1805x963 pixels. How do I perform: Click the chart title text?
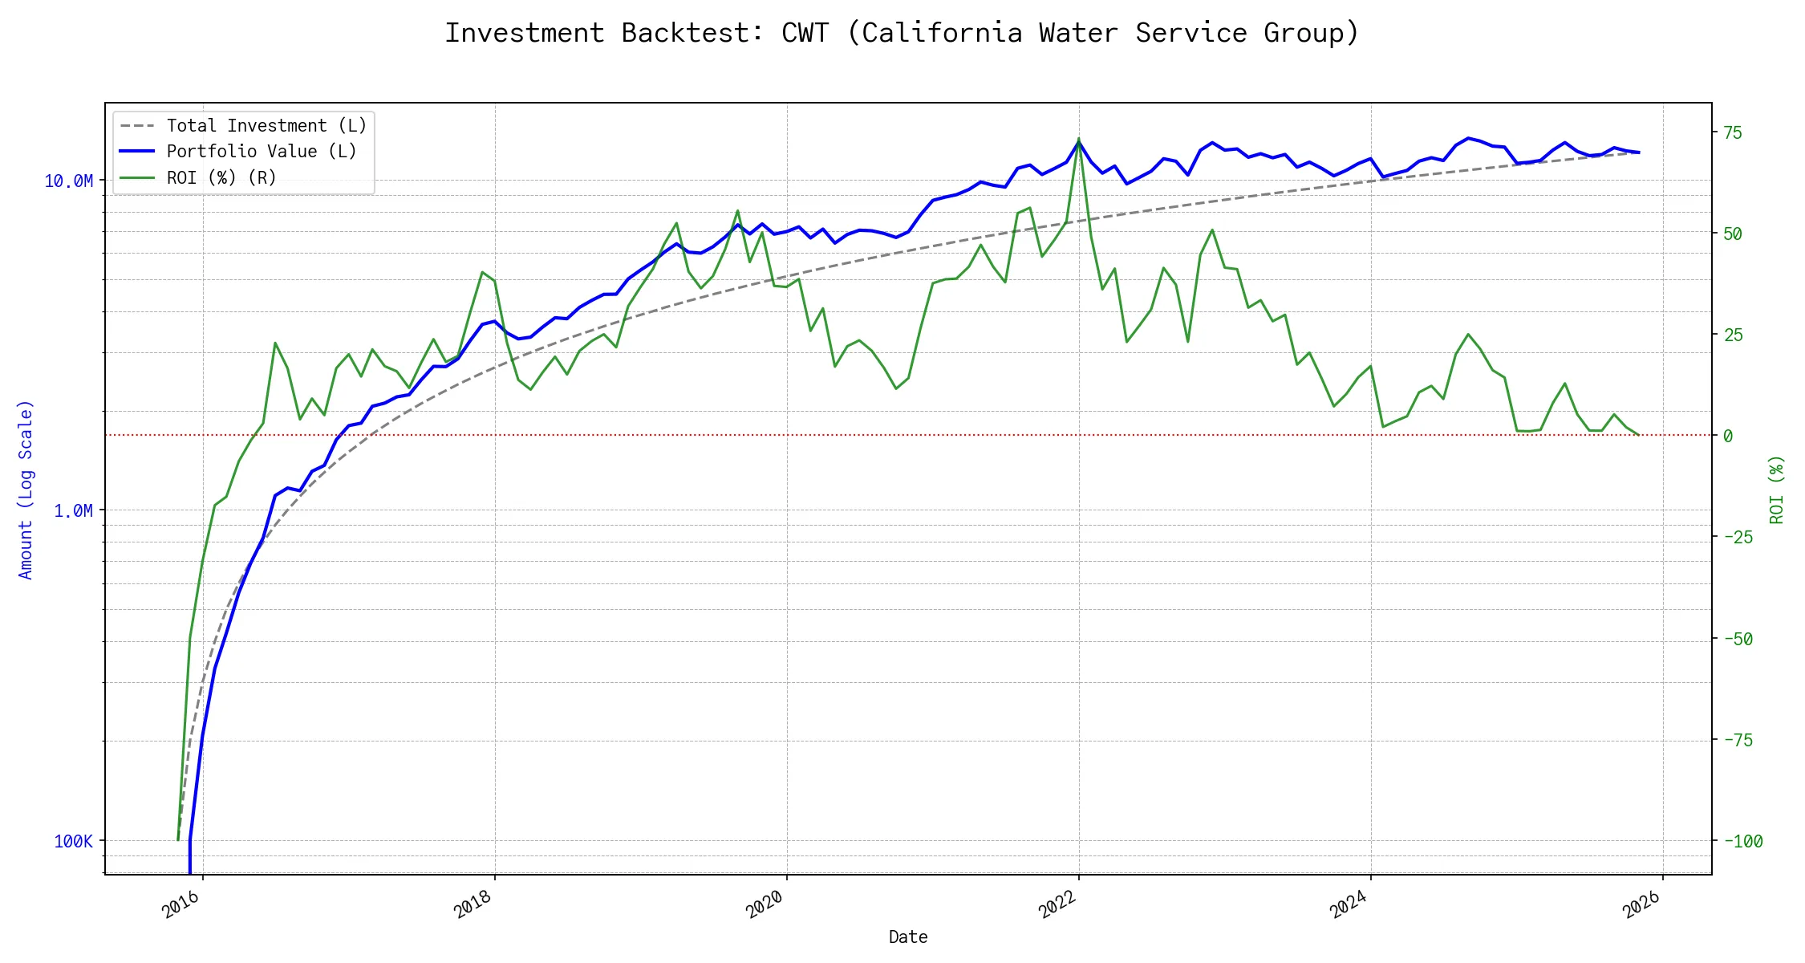point(902,33)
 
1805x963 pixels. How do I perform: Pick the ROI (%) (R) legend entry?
point(221,178)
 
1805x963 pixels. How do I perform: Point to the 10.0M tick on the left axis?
point(68,181)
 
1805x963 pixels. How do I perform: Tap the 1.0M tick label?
point(73,511)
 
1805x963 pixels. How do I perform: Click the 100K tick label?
point(73,842)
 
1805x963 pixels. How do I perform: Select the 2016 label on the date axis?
point(180,905)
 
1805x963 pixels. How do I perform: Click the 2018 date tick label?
point(473,905)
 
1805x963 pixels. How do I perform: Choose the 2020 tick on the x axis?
point(765,905)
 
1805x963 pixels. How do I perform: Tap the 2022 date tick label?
point(1057,905)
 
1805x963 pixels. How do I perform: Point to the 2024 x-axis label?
point(1349,905)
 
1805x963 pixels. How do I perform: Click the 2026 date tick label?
point(1641,905)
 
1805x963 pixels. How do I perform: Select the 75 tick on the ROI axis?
point(1733,132)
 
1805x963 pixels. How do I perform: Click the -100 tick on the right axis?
point(1742,842)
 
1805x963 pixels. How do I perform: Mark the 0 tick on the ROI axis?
point(1728,436)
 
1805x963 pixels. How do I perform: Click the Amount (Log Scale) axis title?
point(26,490)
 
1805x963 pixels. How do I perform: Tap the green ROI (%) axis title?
point(1777,490)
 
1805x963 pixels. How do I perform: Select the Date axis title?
point(908,937)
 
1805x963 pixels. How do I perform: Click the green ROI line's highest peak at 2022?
point(1078,139)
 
